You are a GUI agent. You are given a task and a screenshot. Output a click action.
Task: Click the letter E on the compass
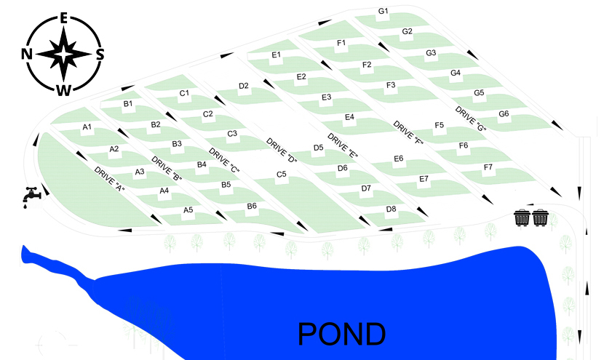pos(64,18)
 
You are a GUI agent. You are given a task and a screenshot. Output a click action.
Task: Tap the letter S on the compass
pos(100,54)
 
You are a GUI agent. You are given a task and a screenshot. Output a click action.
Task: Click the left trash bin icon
pos(522,217)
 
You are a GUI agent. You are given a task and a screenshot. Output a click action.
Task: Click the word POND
pos(341,333)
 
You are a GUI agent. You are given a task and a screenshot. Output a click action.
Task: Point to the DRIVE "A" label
pos(110,179)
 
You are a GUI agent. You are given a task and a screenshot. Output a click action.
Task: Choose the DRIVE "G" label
pos(470,119)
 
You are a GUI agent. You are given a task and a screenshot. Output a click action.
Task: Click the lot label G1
pos(384,12)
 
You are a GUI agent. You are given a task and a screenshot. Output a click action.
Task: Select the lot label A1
pos(87,127)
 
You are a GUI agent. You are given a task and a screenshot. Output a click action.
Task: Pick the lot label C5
pos(281,175)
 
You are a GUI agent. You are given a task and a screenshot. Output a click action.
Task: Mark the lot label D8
pos(392,209)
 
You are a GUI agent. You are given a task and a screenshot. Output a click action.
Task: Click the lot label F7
pos(488,167)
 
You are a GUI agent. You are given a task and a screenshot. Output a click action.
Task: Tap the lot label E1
pos(277,55)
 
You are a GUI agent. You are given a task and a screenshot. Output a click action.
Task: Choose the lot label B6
pos(252,206)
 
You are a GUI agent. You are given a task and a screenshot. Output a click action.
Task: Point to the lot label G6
pos(504,114)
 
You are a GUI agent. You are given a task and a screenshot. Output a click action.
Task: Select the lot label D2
pos(244,86)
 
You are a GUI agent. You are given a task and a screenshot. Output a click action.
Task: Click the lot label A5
pos(188,210)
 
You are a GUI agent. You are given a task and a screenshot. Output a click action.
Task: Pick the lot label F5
pos(439,125)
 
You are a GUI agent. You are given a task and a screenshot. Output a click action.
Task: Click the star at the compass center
pos(64,54)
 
